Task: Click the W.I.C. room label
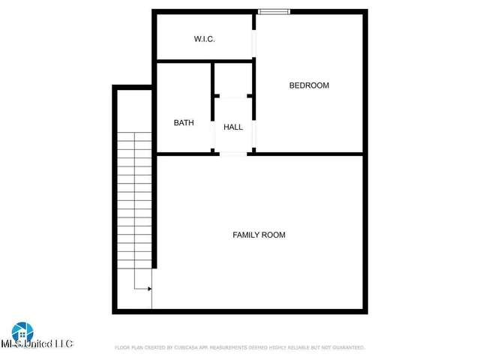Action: [204, 38]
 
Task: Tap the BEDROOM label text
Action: [309, 85]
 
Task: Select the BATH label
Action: [184, 123]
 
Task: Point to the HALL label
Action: [233, 127]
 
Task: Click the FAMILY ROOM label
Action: [259, 235]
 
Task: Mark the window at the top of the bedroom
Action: [274, 11]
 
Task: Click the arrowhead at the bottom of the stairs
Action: [149, 288]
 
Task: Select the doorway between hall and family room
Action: [233, 154]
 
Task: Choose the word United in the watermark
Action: [42, 344]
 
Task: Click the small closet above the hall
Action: [233, 79]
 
